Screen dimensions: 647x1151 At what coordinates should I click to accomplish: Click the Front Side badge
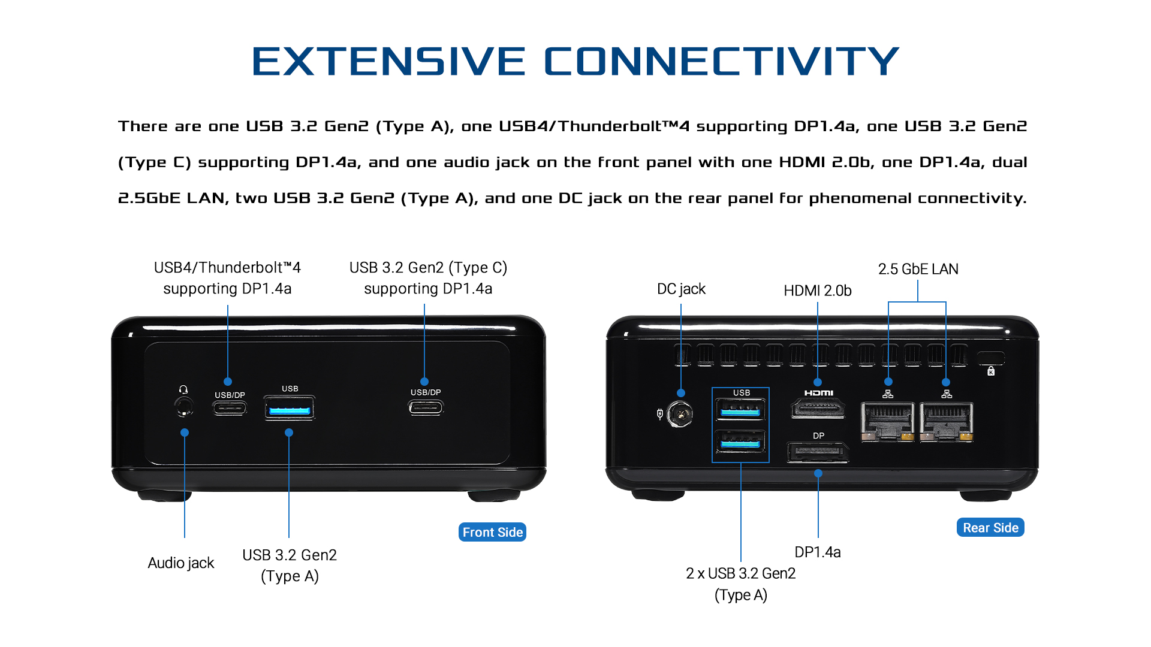click(492, 532)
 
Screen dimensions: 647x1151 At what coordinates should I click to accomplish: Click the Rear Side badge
click(990, 527)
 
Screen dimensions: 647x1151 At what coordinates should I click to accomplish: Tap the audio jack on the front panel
click(183, 407)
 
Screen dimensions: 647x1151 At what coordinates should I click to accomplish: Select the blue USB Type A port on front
click(290, 410)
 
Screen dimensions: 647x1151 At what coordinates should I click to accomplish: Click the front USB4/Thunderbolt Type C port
click(230, 409)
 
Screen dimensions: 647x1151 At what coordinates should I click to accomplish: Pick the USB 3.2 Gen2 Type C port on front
click(426, 409)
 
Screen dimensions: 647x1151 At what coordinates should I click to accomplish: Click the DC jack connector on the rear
click(680, 414)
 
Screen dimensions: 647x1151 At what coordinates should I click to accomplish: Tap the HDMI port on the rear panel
click(818, 410)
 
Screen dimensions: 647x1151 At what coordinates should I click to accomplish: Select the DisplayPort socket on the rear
click(818, 452)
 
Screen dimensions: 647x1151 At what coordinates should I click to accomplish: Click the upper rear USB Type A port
click(740, 411)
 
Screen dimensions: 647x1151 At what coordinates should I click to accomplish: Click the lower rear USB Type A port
click(740, 443)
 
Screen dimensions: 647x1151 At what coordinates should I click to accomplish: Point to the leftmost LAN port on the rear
click(888, 421)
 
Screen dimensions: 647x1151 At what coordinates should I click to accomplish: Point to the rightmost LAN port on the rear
click(946, 421)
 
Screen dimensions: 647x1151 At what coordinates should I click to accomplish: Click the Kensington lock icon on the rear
click(991, 371)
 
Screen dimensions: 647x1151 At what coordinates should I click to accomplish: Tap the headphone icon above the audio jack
click(183, 389)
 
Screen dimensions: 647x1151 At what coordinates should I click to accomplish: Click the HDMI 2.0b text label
click(817, 291)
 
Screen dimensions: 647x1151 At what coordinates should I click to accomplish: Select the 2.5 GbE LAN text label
click(918, 269)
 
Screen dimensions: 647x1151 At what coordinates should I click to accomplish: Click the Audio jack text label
click(180, 563)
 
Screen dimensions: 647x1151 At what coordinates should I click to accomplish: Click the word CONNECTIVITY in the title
click(721, 61)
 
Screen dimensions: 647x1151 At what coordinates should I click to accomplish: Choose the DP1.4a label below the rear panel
click(817, 552)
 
